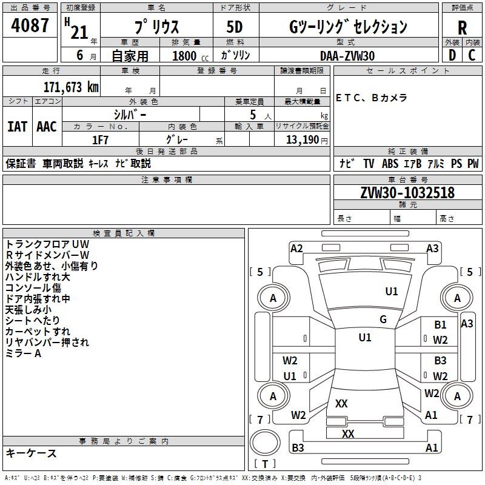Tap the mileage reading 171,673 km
[70, 87]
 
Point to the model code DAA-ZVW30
[347, 55]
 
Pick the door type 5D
[235, 27]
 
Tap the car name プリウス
[156, 27]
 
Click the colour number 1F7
[100, 139]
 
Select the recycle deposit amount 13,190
[303, 139]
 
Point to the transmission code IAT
[17, 127]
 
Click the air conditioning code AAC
[46, 127]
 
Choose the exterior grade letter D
[452, 55]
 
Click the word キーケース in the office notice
[31, 453]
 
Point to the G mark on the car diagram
[383, 319]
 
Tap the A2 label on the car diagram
[296, 248]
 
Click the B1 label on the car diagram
[440, 325]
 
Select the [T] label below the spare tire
[264, 464]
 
